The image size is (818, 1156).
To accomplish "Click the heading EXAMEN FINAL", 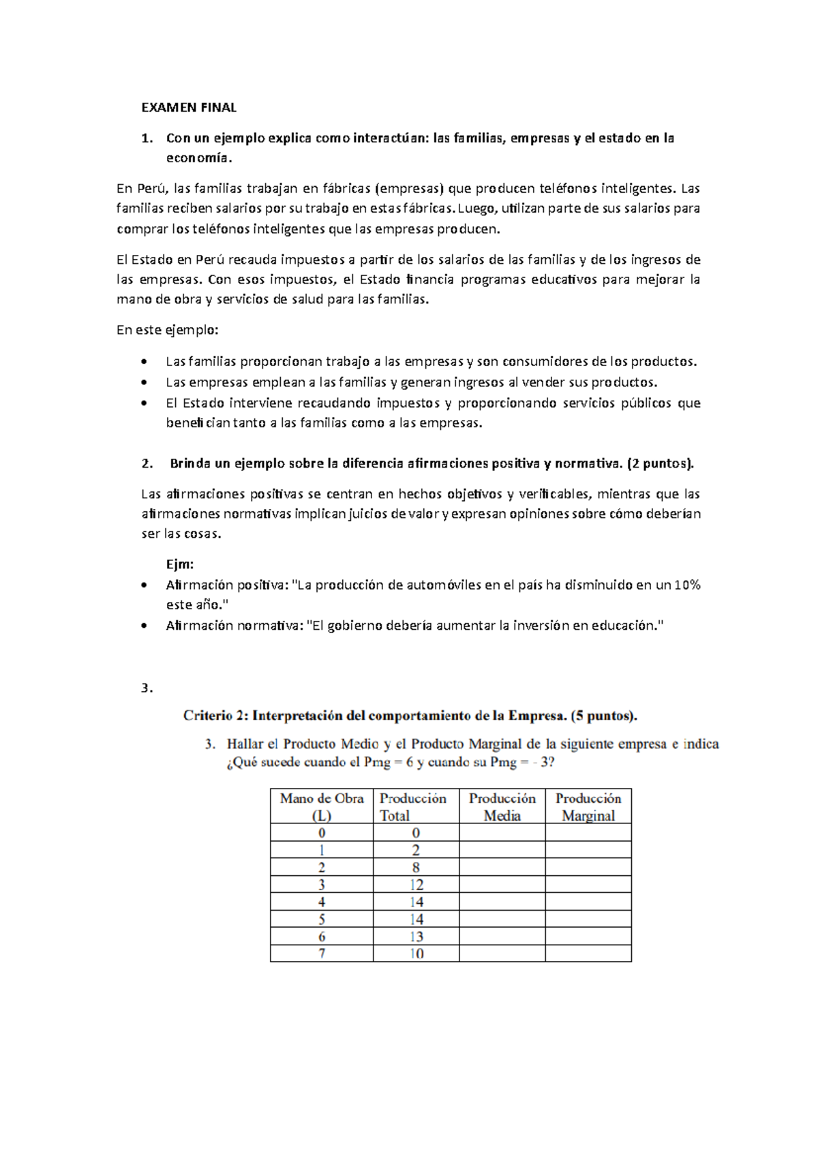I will [188, 107].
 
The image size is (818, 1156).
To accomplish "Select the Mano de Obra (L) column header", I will [322, 806].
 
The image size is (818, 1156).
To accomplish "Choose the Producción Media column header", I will [502, 806].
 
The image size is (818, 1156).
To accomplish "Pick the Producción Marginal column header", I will [588, 806].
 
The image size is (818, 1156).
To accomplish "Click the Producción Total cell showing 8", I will [416, 867].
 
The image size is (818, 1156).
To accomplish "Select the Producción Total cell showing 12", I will [416, 885].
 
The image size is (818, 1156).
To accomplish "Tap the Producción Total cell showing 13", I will [416, 937].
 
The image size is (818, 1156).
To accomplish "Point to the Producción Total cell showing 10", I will [416, 954].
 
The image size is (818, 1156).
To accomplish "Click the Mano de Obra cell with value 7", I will [322, 954].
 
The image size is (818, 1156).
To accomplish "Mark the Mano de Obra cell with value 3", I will [322, 885].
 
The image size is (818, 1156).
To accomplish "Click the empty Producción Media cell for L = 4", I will [502, 902].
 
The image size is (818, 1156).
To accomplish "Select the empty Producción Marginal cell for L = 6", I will [588, 937].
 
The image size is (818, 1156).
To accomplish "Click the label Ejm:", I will [180, 564].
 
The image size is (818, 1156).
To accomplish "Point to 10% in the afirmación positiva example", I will [687, 585].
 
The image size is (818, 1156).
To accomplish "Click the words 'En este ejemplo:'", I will [168, 330].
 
